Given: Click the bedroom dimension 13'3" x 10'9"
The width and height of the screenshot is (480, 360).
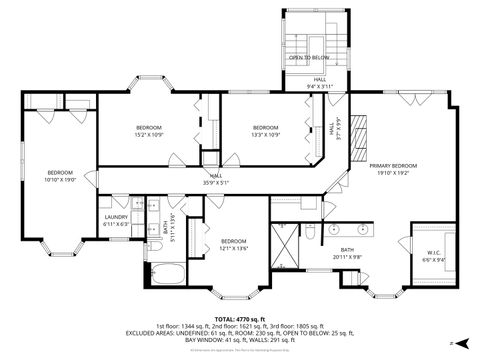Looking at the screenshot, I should [265, 134].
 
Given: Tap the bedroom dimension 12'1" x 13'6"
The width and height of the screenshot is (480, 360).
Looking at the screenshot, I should [233, 247].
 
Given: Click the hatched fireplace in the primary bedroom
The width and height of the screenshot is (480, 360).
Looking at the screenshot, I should [362, 130].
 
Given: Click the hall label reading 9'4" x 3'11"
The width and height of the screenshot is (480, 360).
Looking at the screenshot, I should [317, 86].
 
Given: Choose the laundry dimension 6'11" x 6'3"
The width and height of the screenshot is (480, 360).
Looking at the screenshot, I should [116, 224].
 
